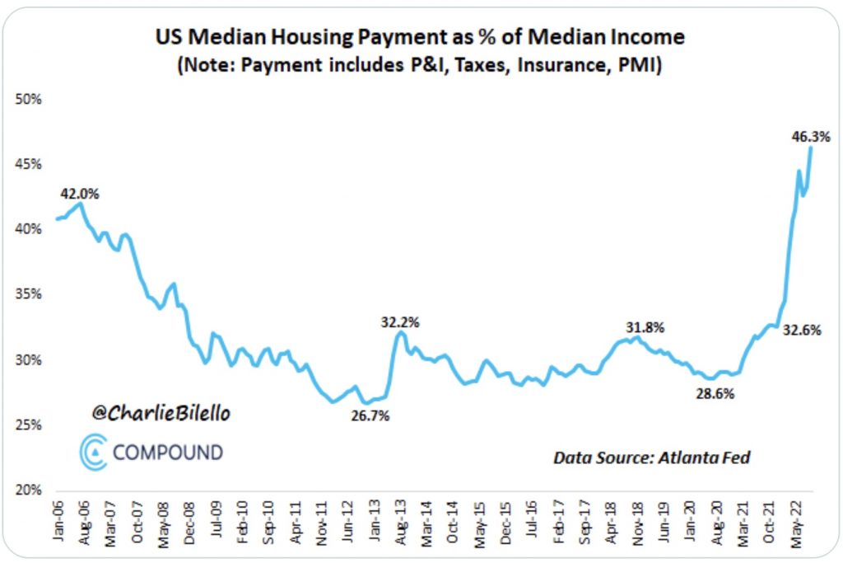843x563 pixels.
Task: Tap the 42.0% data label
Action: point(80,195)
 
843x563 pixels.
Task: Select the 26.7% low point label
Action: point(369,415)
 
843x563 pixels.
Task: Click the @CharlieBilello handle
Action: point(161,414)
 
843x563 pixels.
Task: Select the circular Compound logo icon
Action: point(94,453)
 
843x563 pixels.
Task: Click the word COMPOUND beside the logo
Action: point(168,453)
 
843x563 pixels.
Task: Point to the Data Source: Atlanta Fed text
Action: point(651,457)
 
